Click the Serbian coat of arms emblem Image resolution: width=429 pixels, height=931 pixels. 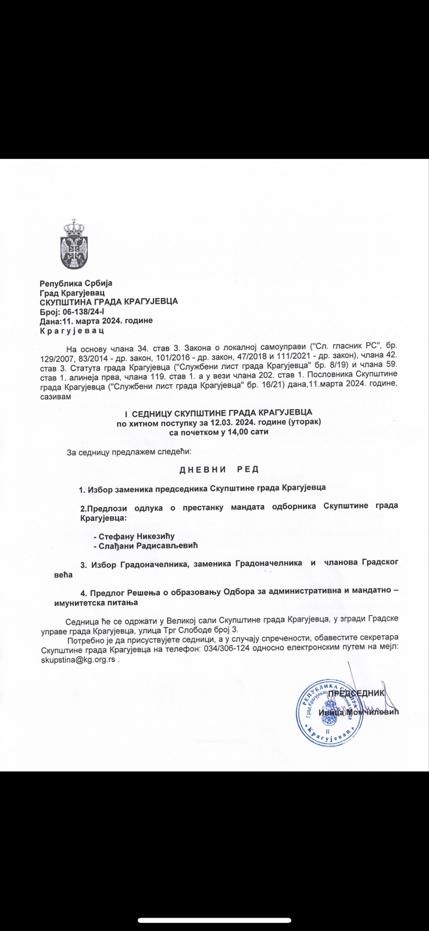[73, 244]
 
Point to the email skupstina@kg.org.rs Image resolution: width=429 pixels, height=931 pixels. [78, 660]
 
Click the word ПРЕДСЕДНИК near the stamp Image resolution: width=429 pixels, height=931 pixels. [356, 693]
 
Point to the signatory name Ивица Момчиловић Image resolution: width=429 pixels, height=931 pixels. [359, 712]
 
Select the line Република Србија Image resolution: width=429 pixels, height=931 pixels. [76, 283]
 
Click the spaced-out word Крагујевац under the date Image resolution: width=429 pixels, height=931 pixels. [71, 331]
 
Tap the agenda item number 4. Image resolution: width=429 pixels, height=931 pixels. [83, 593]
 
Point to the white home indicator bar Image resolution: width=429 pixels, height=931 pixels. [214, 921]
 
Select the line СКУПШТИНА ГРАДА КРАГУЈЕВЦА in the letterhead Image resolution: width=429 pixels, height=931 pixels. [109, 301]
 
